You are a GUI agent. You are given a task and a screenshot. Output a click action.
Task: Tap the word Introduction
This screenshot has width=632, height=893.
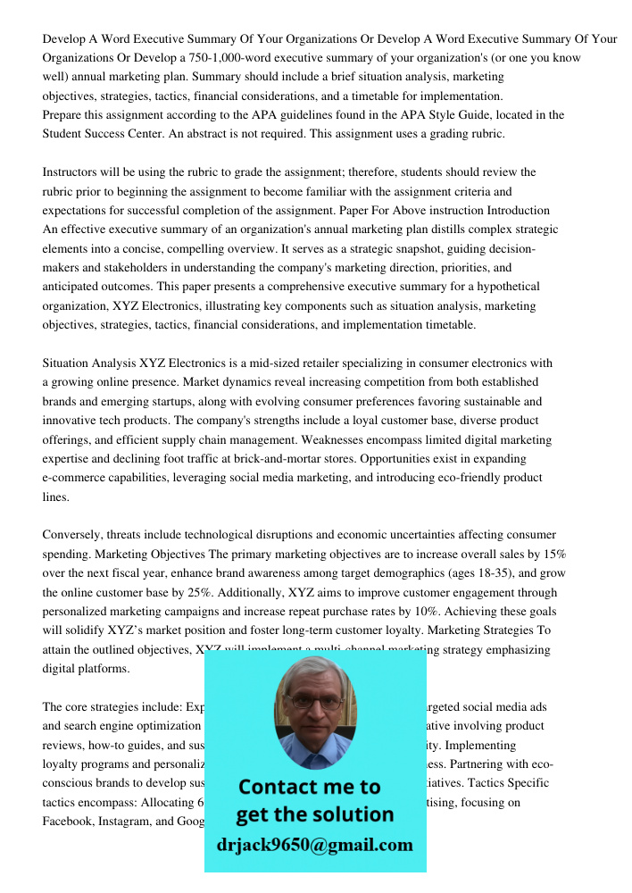[x=518, y=211]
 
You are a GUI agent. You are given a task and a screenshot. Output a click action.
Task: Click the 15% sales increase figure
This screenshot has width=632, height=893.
[x=553, y=554]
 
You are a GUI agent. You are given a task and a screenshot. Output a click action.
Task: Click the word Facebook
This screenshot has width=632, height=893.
[x=68, y=821]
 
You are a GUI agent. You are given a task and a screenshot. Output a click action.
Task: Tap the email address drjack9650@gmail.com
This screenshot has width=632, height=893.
[x=314, y=845]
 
